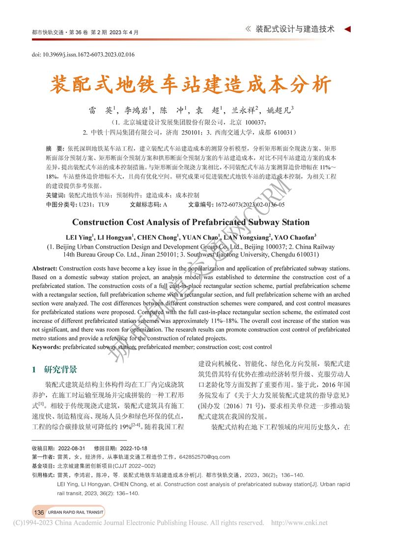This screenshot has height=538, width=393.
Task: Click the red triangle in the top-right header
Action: [347, 29]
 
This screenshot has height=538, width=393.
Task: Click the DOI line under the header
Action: [83, 55]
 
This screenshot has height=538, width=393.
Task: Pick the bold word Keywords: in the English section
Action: [47, 347]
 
